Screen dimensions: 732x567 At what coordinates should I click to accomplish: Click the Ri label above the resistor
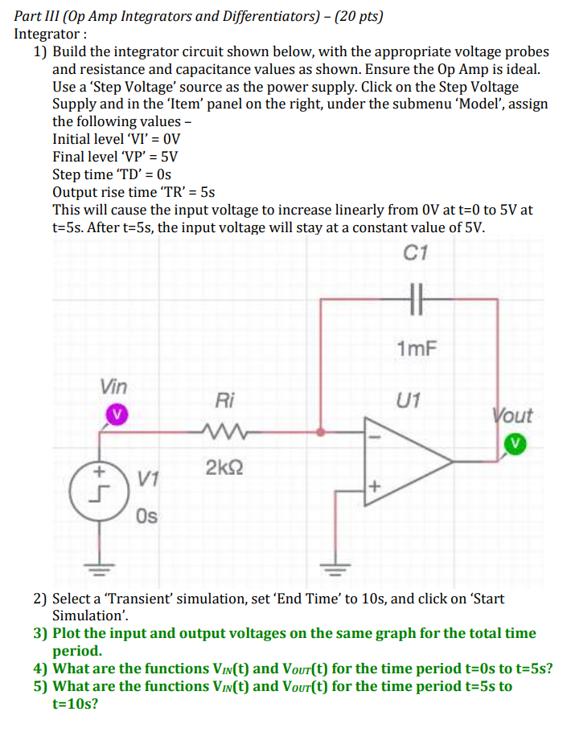click(225, 399)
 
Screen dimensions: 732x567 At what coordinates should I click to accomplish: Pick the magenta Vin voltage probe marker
click(117, 415)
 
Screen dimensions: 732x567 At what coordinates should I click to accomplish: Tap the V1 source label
click(146, 480)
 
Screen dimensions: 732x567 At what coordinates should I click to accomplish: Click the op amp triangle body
click(402, 459)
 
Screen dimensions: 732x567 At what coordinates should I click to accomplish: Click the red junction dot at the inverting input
click(320, 432)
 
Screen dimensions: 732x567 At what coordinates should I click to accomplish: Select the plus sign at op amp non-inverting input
click(372, 486)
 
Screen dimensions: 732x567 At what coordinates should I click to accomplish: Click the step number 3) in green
click(43, 633)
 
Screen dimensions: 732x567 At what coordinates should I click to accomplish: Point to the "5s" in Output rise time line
click(207, 191)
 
